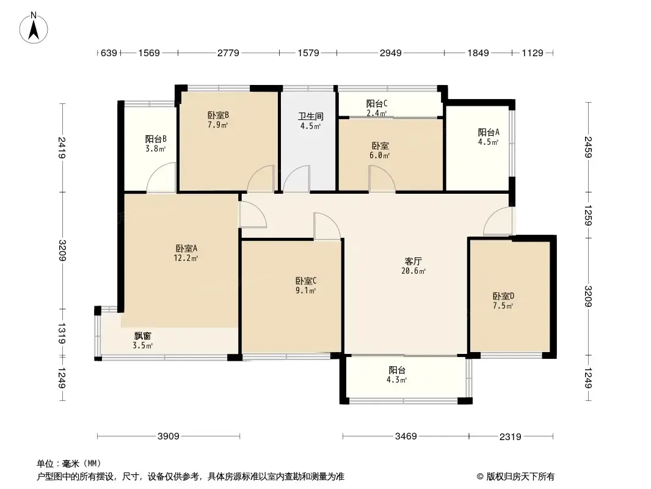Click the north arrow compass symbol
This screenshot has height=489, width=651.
[x=34, y=28]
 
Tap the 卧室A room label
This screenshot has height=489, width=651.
[x=186, y=248]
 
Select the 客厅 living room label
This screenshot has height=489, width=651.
[x=413, y=262]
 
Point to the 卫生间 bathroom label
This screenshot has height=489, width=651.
[x=311, y=116]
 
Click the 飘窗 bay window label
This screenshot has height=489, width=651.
[x=142, y=336]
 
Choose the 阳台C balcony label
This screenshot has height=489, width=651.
[x=377, y=103]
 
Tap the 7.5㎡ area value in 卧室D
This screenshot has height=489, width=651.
[x=503, y=306]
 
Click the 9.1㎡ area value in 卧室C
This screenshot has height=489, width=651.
[x=305, y=290]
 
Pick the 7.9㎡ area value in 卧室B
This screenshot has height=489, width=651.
[x=218, y=125]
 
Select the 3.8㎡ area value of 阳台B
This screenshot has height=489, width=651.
[x=156, y=149]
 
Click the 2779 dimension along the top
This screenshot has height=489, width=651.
[x=228, y=53]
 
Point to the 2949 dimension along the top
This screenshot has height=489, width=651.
[x=391, y=53]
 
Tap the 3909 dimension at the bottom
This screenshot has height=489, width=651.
[x=169, y=436]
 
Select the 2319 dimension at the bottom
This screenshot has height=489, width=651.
[x=511, y=436]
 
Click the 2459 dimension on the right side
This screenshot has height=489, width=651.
[x=588, y=147]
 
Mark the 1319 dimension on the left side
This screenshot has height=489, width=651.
[x=62, y=333]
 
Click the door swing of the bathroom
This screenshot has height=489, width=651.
[x=296, y=178]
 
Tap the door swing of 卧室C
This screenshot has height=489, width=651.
[x=327, y=226]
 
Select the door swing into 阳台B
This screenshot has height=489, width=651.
[x=161, y=177]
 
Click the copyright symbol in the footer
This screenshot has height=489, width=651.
[x=480, y=477]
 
